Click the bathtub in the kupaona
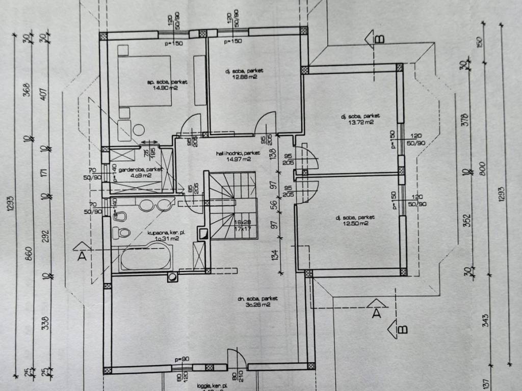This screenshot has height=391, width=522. tap(143, 256)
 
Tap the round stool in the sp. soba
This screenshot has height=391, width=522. tap(139, 130)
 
